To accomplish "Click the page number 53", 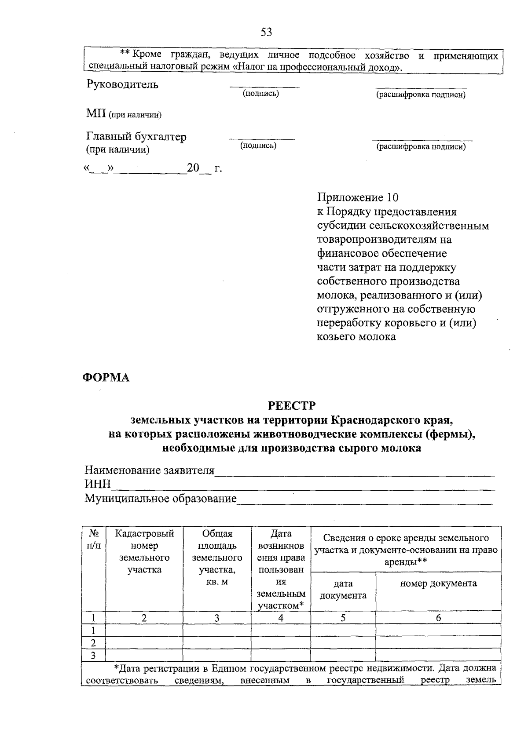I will point(267,32).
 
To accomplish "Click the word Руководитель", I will point(122,84).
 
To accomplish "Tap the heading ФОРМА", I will point(106,378).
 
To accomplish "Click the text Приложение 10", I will point(358,197).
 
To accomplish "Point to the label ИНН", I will point(98,485).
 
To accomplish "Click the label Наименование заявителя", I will point(149,470).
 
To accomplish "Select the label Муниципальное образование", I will point(161,499).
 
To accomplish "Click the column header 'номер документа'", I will point(438,583).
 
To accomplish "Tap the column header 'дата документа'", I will point(343,590).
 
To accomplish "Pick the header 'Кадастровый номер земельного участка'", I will point(144,551).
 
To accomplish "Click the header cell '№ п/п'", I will point(93,540).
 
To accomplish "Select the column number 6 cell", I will point(438,618).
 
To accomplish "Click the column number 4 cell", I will point(281,618).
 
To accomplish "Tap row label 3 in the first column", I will point(93,656).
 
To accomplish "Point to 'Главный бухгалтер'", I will point(136,137).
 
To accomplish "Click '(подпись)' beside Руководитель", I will point(261,93).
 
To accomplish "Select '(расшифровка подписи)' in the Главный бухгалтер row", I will point(421,147).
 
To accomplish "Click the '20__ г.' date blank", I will point(204,168).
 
